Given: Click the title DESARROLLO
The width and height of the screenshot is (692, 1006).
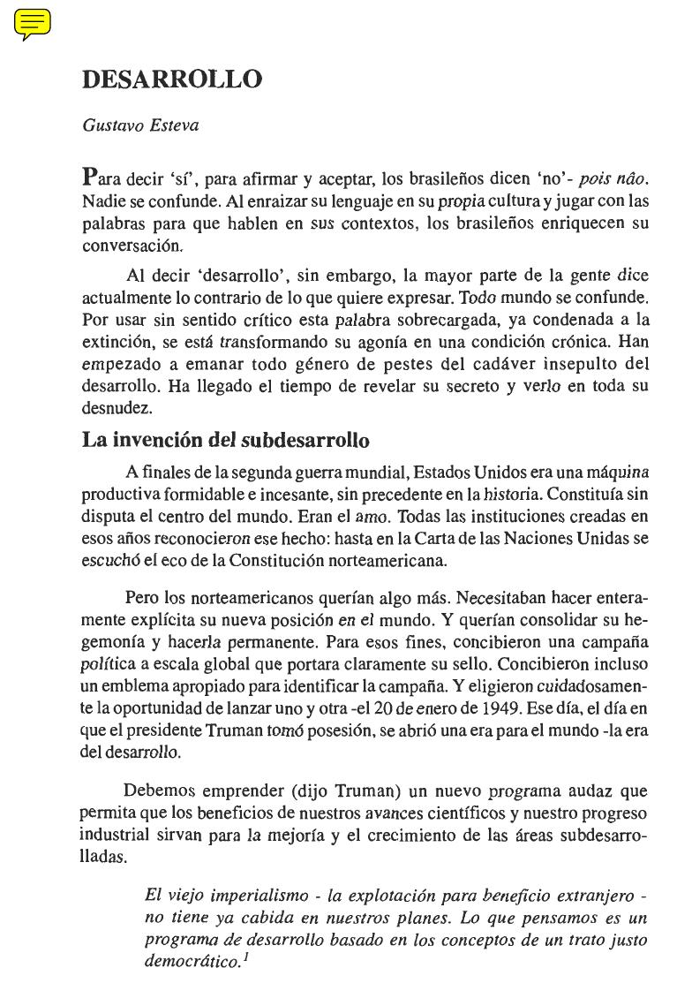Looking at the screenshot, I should click(x=171, y=79).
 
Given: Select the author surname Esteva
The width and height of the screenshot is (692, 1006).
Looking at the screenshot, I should click(x=174, y=125).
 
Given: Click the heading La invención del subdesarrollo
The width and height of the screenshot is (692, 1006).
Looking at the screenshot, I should click(x=225, y=440).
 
